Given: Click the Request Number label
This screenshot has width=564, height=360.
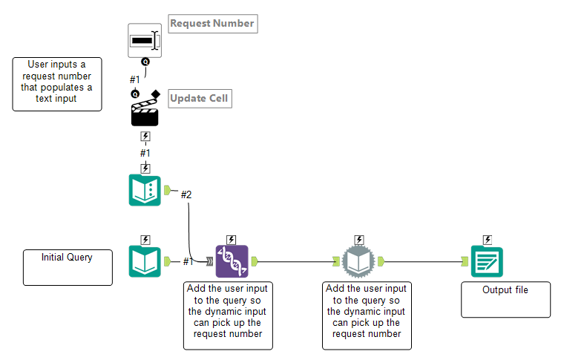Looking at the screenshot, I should point(212,24).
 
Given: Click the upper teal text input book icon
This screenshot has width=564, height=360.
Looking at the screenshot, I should point(145,190).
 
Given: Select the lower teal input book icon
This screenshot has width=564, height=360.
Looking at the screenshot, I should point(145,261).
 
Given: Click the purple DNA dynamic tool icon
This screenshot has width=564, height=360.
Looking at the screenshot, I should point(232,261).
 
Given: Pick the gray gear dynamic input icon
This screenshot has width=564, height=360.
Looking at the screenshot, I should point(359,261).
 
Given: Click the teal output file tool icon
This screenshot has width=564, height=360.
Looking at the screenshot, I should point(487,261).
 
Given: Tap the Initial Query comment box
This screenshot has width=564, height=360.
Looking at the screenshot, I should point(68,267).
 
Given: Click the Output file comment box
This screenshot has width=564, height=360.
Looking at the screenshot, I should point(505,299).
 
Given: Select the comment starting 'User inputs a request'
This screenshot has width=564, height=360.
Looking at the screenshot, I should point(57,84).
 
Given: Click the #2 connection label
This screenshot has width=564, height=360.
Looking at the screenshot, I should point(187,194).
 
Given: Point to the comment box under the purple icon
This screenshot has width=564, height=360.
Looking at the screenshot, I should point(229,315).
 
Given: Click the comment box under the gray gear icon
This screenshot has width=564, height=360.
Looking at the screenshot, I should point(367,315).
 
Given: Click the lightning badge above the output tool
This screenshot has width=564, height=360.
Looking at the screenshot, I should point(487,240).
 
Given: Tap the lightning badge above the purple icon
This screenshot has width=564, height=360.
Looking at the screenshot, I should point(232,240).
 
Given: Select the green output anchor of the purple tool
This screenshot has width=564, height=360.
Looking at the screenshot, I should point(254,261).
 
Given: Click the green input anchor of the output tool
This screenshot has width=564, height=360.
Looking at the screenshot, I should point(465,261).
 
